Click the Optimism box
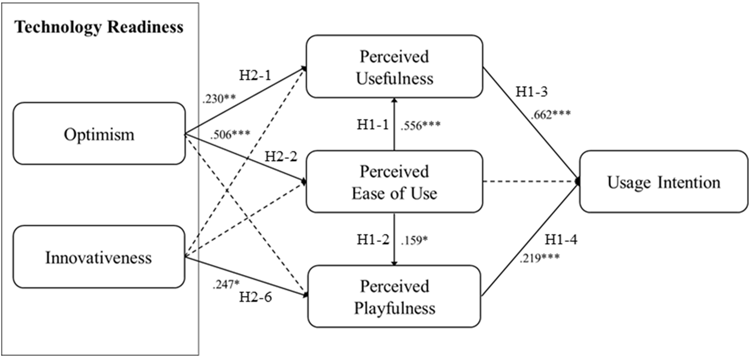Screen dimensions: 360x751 [x=99, y=134]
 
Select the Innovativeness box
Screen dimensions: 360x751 [x=99, y=257]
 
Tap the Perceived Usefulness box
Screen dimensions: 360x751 [x=394, y=67]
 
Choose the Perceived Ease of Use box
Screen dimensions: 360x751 [x=394, y=182]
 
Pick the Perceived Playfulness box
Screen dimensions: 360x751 [x=394, y=296]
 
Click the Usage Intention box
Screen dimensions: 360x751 [x=663, y=182]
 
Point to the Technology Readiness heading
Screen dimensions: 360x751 [x=99, y=27]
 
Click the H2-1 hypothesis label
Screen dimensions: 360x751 [x=255, y=75]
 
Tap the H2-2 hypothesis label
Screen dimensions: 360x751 [x=281, y=157]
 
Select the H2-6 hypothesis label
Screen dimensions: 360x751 [x=255, y=297]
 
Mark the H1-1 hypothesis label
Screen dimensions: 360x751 [x=373, y=125]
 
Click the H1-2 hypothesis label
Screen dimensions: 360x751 [x=373, y=240]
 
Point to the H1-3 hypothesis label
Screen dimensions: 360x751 [x=531, y=92]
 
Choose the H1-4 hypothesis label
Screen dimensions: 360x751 [x=561, y=239]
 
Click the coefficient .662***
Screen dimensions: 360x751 [x=550, y=114]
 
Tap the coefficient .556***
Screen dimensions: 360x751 [x=420, y=126]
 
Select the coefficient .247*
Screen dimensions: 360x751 [x=226, y=284]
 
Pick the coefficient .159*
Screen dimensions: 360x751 [x=414, y=240]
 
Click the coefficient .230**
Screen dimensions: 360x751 [x=219, y=99]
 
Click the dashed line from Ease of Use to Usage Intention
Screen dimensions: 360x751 [x=530, y=182]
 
